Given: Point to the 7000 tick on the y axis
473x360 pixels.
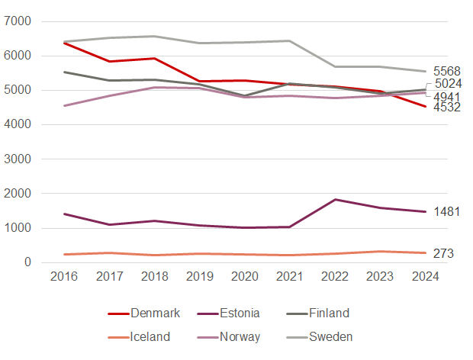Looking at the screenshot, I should (18, 21).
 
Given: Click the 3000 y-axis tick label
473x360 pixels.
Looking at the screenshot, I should (18, 159).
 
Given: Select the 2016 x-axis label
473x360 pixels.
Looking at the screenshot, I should (64, 278).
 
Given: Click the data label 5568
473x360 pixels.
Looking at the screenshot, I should (446, 71).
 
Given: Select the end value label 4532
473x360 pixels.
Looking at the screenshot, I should (446, 108).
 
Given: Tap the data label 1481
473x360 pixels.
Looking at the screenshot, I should (446, 211).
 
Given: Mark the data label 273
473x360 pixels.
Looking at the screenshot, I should (443, 253).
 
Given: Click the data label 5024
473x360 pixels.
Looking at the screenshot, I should (448, 84).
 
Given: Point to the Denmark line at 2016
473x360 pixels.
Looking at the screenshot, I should (64, 43).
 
